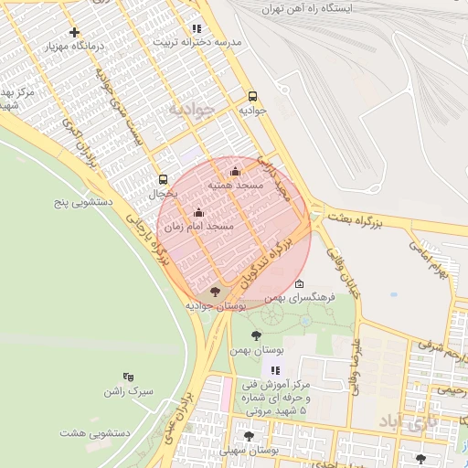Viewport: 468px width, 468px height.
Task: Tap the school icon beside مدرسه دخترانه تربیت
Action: click(197, 28)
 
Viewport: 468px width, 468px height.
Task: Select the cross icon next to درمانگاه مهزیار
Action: click(74, 32)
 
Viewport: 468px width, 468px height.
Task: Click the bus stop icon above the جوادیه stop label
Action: click(252, 95)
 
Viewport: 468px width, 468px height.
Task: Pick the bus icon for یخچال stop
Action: click(163, 179)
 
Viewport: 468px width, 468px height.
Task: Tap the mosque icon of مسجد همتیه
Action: click(235, 171)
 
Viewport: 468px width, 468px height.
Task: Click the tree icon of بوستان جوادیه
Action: click(215, 292)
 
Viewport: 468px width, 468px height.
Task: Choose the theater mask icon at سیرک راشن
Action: click(128, 376)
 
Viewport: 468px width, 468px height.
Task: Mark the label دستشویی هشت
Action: click(95, 431)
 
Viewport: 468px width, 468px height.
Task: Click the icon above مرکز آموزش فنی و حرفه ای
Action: click(275, 369)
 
